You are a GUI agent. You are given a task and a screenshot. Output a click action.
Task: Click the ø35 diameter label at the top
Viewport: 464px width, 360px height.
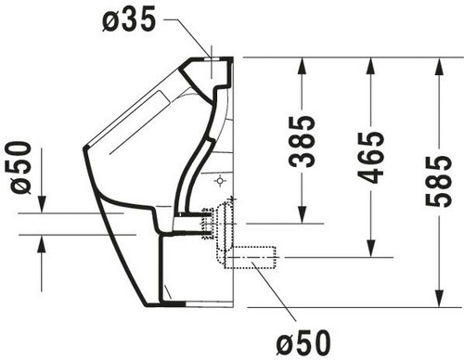pos(129,19)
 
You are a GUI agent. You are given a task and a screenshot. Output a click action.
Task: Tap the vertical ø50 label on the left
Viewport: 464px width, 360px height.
pos(21,167)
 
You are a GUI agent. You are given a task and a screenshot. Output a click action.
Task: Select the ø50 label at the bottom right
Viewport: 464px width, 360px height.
pos(303,342)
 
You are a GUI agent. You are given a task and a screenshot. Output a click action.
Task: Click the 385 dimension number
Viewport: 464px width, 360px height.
pos(302,141)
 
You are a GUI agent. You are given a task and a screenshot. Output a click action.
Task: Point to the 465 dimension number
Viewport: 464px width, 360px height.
pos(370,158)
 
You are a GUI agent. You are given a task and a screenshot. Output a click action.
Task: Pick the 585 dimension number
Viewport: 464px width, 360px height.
pos(438,181)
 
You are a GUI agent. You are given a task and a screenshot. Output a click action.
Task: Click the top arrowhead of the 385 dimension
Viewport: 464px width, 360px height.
pos(302,66)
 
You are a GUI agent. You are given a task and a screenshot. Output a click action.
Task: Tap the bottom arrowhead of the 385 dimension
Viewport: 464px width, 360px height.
pos(302,215)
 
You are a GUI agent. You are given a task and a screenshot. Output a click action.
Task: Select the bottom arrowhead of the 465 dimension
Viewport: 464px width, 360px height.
pos(370,249)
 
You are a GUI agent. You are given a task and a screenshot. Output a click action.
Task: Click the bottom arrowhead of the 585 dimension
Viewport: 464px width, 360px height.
pos(439,299)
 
